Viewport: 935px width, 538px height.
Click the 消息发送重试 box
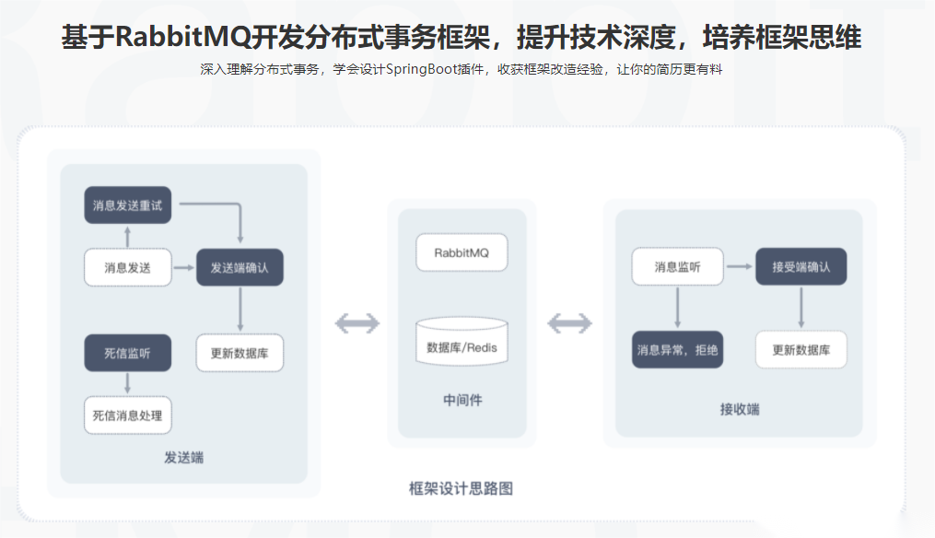(x=128, y=205)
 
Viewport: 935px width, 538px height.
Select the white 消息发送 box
(x=128, y=268)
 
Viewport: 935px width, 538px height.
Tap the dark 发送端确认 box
(x=240, y=267)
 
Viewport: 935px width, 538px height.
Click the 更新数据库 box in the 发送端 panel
(x=240, y=353)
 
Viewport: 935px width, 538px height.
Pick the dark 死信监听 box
(x=128, y=353)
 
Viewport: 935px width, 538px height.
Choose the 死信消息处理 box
(x=128, y=415)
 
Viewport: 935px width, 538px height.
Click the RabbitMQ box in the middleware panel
(x=462, y=253)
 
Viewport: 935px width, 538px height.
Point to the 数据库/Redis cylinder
(x=462, y=341)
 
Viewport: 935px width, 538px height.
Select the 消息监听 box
(x=677, y=266)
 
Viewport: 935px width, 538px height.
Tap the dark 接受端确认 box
(x=801, y=266)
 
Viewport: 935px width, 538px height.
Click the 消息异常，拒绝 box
(x=677, y=349)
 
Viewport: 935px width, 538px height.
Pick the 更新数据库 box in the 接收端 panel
(x=801, y=349)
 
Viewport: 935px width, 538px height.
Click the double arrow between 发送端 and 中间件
(x=357, y=324)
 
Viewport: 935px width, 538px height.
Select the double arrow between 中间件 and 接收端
(x=569, y=324)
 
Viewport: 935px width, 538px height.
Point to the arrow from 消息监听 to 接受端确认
(x=740, y=266)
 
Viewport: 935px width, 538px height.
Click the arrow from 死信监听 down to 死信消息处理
(x=128, y=383)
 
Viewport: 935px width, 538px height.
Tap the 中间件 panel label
(x=462, y=400)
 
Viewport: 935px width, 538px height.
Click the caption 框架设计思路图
(x=461, y=488)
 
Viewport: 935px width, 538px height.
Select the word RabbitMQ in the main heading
(x=183, y=36)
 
